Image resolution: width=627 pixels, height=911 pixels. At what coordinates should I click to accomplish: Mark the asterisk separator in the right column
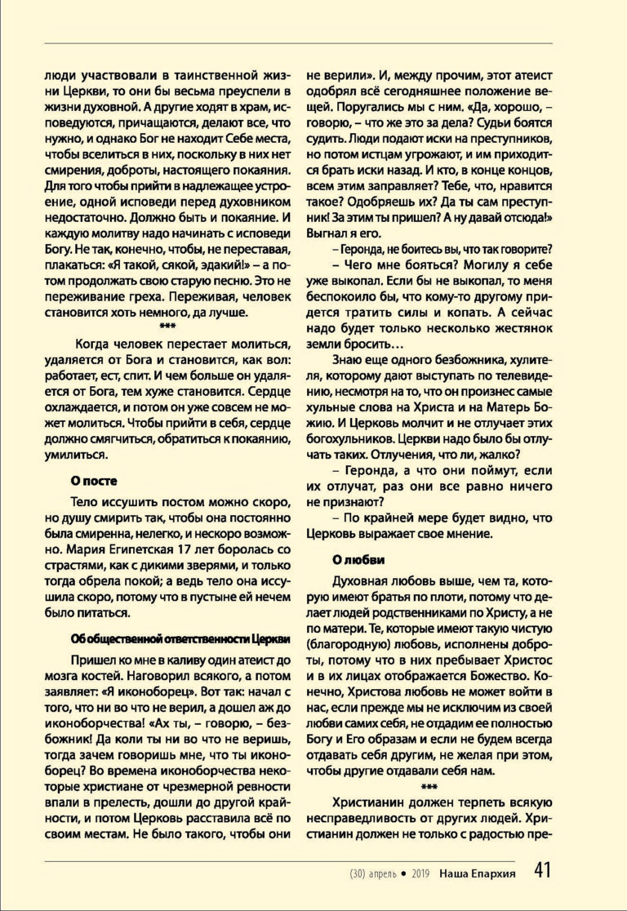[x=428, y=785]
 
